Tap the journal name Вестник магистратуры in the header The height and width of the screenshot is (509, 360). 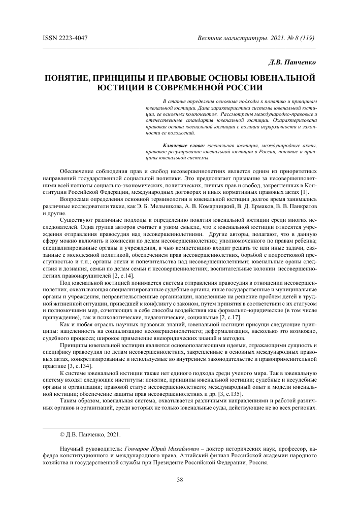(228, 39)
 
